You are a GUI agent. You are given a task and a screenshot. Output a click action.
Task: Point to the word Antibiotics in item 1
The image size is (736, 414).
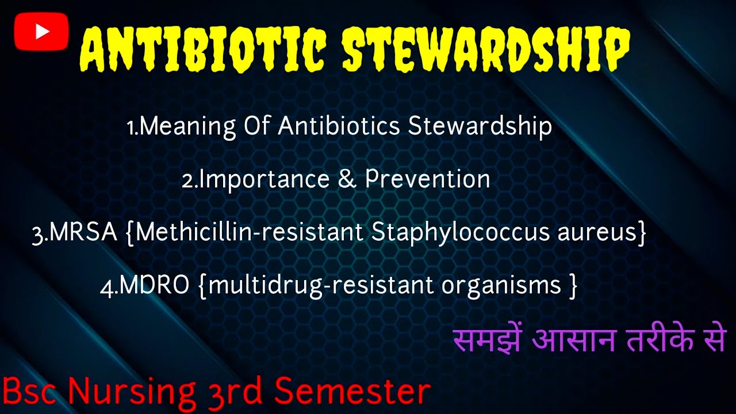(x=339, y=126)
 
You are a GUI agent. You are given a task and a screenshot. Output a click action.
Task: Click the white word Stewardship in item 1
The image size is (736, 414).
(x=480, y=126)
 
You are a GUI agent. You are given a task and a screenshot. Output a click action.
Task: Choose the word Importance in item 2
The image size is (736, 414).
(x=264, y=179)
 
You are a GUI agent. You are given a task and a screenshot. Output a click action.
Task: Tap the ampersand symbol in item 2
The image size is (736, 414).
(x=347, y=179)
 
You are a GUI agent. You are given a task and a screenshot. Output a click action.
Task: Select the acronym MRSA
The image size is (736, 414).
(x=83, y=233)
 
